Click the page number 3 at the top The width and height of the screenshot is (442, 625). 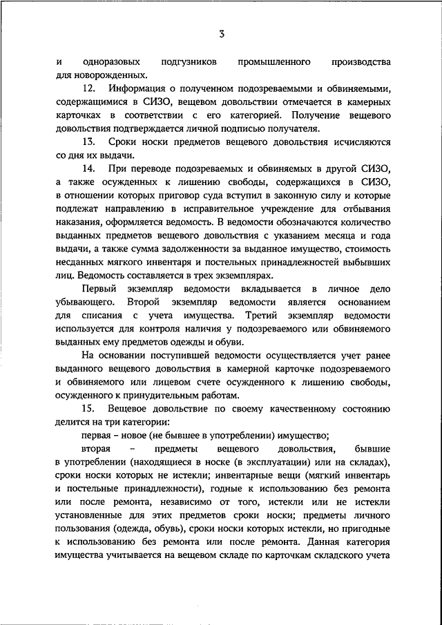(221, 32)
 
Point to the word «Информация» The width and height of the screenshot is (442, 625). (137, 88)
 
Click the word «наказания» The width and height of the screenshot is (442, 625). (80, 222)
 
